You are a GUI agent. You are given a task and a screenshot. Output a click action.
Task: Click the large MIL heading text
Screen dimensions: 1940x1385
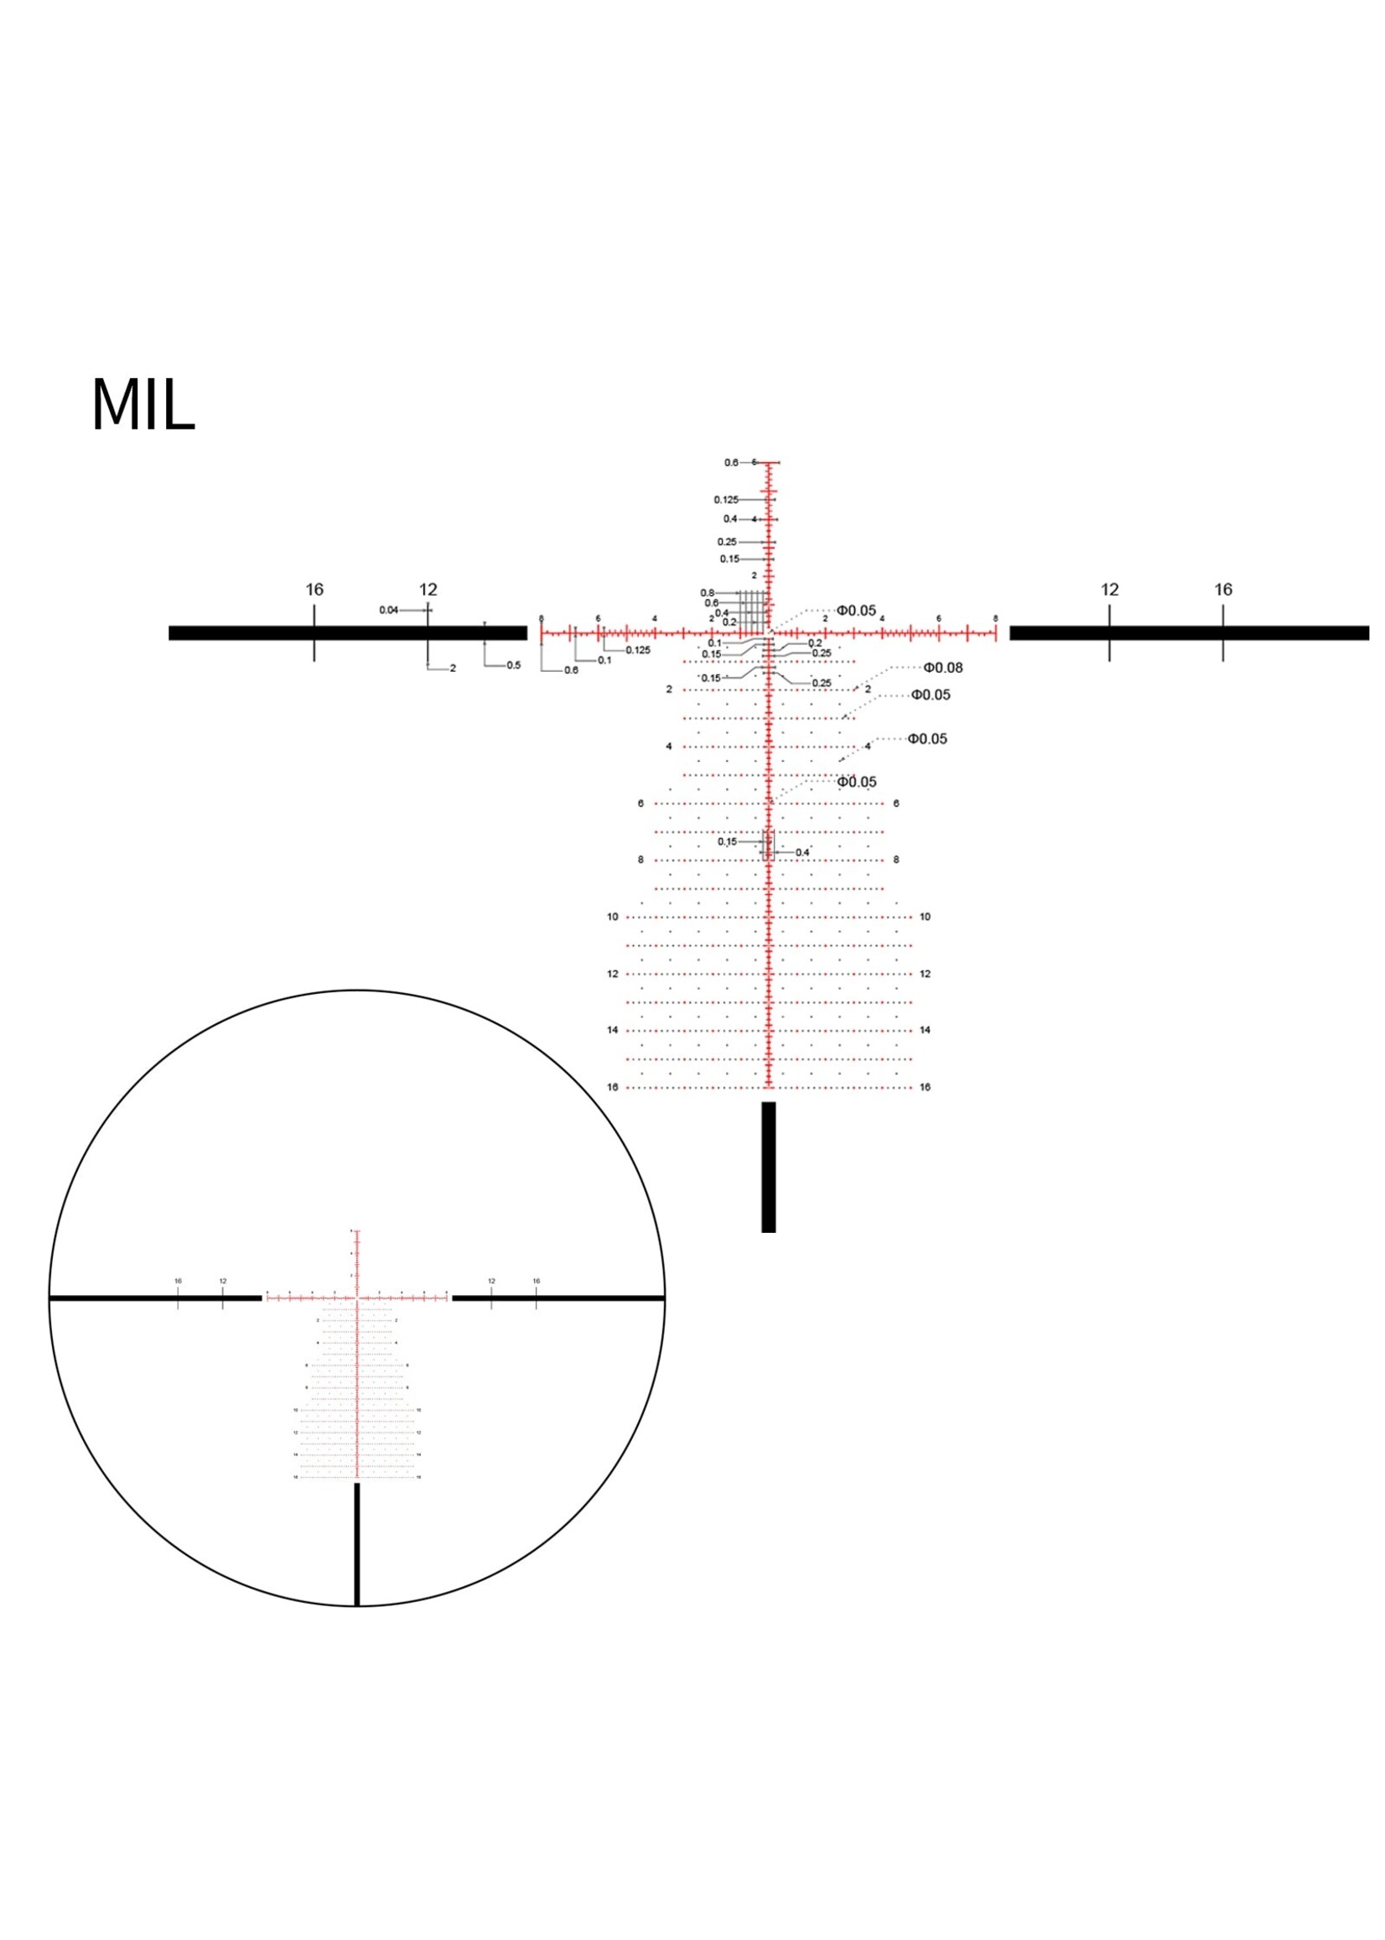coord(143,406)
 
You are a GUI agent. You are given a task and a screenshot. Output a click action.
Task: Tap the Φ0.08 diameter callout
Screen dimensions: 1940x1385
coord(942,668)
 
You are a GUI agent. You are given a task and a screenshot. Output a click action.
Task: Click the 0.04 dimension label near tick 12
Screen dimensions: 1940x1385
coord(388,610)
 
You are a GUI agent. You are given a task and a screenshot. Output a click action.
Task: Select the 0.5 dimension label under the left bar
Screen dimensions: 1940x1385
coord(513,665)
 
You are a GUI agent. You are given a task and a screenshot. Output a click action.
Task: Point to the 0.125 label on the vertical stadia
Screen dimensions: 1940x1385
coord(726,500)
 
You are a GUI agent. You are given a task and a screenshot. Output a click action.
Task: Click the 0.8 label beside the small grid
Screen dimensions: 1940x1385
coord(707,593)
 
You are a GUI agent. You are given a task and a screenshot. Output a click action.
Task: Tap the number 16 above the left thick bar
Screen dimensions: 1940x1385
coord(314,590)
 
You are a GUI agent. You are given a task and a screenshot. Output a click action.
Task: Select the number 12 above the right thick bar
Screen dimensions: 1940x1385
coord(1108,590)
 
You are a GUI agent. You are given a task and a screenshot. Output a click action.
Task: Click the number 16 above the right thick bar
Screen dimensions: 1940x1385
coord(1223,590)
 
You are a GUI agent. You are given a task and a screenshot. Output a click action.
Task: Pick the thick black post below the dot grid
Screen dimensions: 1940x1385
coord(769,1167)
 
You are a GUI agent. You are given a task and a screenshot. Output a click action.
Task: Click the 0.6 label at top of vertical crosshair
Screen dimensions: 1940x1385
coord(731,462)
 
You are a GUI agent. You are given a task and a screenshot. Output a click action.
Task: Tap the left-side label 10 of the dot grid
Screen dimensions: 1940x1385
coord(612,917)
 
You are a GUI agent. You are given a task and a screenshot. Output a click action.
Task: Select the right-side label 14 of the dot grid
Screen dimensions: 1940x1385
coord(926,1031)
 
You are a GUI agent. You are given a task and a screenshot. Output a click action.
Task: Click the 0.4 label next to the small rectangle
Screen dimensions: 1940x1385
coord(802,852)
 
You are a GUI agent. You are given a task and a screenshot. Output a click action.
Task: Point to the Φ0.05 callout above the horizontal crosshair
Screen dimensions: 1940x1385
coord(855,611)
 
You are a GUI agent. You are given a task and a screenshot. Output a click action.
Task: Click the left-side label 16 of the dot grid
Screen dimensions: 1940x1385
coord(612,1087)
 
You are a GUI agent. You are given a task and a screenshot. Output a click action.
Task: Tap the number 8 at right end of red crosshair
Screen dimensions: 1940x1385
coord(995,618)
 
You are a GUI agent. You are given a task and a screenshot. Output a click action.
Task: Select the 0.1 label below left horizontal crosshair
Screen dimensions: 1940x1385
coord(604,660)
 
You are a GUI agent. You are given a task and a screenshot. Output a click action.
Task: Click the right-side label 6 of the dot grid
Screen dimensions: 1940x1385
coord(895,804)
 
